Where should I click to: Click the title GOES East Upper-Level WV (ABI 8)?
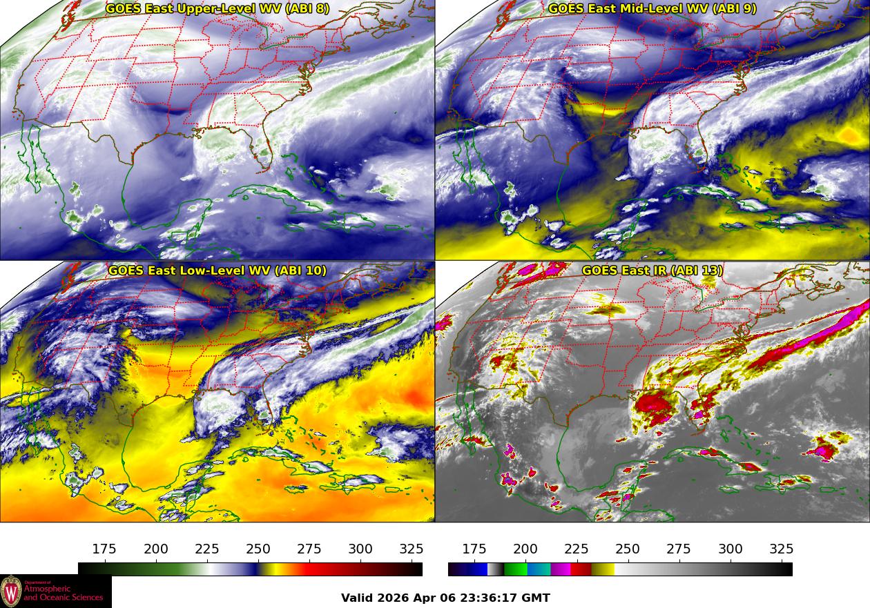point(217,9)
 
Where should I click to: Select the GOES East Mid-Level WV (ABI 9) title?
point(652,9)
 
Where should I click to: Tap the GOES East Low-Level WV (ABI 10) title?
point(217,271)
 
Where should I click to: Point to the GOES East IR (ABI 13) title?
point(652,271)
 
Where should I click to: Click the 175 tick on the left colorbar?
point(104,549)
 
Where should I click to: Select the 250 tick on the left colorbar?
point(258,549)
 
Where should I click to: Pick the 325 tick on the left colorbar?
point(412,549)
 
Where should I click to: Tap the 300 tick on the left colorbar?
point(360,549)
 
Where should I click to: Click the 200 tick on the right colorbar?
point(525,549)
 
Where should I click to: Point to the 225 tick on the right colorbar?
point(577,549)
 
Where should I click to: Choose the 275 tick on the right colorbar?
point(679,549)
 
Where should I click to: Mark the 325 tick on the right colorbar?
point(782,549)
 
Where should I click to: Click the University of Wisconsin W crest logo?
point(11,591)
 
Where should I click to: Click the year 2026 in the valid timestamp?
point(393,598)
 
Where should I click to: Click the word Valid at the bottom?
point(358,598)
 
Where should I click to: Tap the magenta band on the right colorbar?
point(561,569)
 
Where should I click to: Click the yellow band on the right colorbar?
point(603,569)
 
